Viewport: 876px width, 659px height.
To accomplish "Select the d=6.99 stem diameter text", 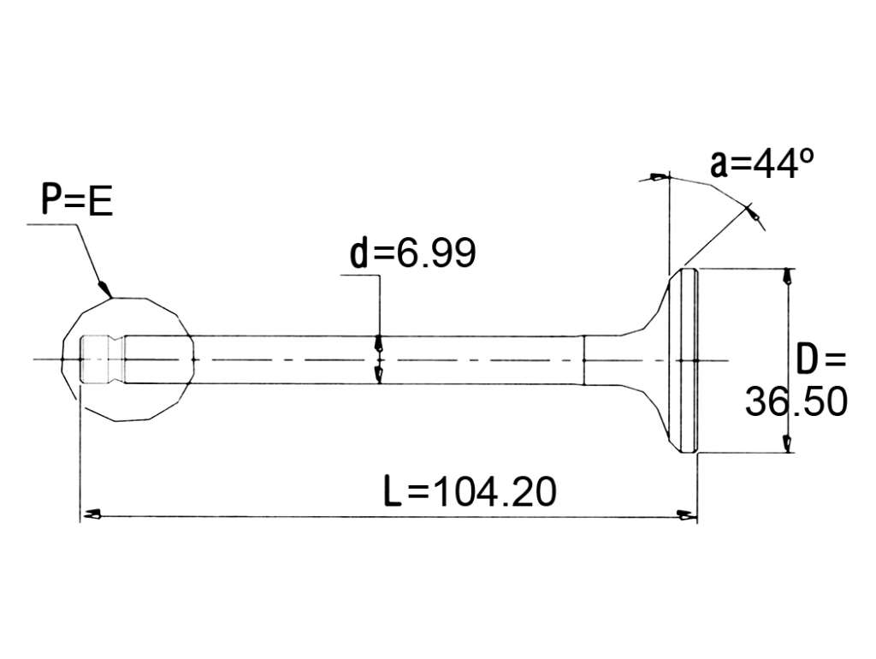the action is [x=413, y=252].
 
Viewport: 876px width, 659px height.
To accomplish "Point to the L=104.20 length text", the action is [x=470, y=491].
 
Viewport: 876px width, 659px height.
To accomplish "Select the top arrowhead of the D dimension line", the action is [x=787, y=276].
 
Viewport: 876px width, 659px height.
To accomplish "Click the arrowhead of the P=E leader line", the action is [x=105, y=289].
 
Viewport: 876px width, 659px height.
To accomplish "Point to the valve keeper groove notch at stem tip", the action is [x=116, y=359].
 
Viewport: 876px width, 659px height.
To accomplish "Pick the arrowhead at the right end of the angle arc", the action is [x=753, y=213].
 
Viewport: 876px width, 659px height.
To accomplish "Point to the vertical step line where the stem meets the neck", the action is [x=583, y=360].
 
